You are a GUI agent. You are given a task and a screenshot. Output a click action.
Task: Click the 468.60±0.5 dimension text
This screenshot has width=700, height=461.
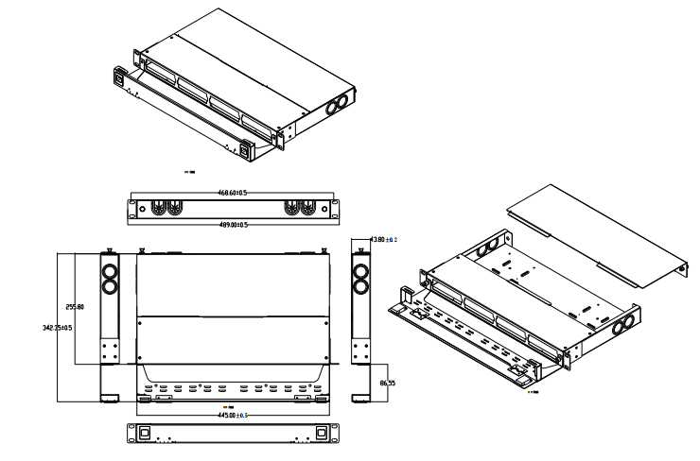coord(233,194)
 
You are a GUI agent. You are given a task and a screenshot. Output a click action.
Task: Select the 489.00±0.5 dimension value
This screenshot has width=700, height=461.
coord(234,225)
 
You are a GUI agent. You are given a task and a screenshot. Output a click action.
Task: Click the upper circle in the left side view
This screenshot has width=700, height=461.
coord(109,271)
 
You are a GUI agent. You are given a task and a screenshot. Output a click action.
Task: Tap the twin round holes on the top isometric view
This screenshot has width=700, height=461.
coord(338,106)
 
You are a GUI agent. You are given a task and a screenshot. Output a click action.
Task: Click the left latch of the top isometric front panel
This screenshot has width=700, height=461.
coord(122,77)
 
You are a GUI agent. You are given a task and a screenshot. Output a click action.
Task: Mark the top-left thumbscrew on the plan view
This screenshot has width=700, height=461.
coord(141,250)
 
